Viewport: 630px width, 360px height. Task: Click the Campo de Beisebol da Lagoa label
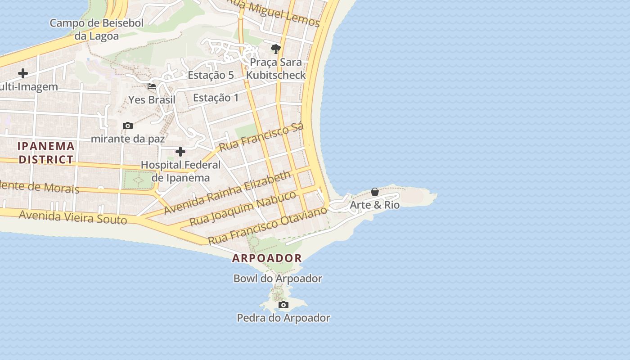click(96, 29)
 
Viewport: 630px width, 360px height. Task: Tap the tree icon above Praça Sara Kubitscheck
click(276, 49)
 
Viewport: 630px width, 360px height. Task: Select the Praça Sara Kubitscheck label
click(276, 68)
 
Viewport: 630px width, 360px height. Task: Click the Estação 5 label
click(211, 75)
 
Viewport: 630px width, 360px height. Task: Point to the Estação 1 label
click(216, 97)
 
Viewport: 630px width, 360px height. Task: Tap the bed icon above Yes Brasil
click(152, 86)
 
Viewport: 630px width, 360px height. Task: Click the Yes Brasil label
click(152, 99)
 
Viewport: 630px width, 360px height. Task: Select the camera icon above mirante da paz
click(128, 126)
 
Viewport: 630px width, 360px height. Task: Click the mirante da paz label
click(128, 139)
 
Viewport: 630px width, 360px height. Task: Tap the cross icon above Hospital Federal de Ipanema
click(180, 152)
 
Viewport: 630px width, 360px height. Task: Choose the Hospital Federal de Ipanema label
click(180, 171)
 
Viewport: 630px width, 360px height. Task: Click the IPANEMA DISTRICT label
click(46, 153)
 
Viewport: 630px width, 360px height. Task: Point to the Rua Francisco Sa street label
click(261, 136)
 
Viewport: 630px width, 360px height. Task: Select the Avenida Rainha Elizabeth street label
click(228, 193)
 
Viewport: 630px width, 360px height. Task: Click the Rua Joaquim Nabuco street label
click(243, 208)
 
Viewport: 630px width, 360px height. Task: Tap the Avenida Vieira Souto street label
click(73, 217)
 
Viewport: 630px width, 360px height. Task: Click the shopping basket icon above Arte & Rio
click(375, 192)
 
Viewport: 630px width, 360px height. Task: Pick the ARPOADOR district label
click(267, 258)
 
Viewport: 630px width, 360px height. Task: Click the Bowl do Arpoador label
click(278, 279)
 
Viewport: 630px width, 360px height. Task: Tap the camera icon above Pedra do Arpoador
click(283, 305)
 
